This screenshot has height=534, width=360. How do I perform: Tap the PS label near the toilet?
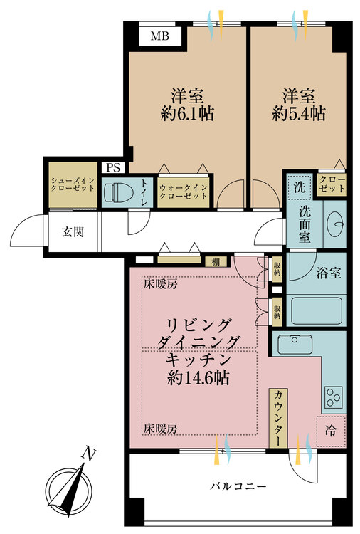tap(111, 167)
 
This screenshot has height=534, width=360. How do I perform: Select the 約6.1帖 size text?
tap(188, 114)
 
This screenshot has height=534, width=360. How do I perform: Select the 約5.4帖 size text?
tap(298, 114)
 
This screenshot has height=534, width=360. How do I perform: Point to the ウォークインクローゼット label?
tap(184, 190)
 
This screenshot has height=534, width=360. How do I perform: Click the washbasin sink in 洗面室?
tap(334, 222)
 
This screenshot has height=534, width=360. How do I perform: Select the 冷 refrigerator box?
tap(331, 429)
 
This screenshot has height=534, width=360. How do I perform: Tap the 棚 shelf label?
tap(214, 261)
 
